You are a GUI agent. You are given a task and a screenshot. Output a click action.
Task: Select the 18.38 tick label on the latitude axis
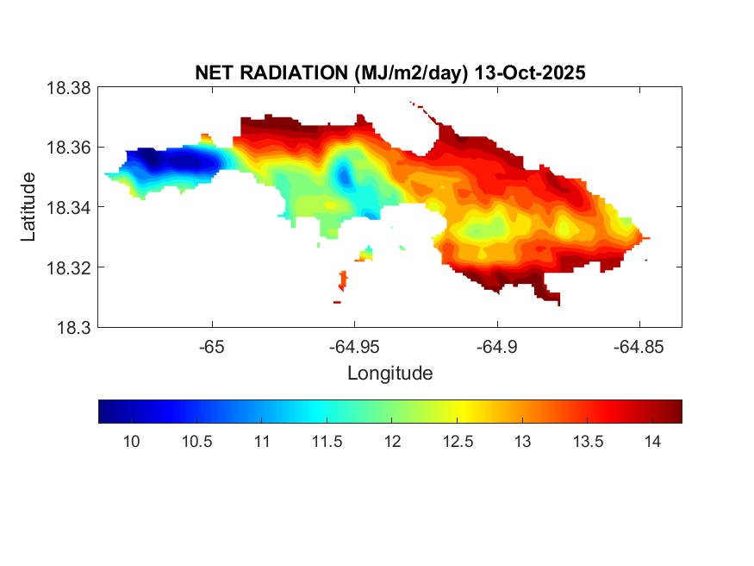(68, 87)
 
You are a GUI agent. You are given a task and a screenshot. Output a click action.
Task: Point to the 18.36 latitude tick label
(68, 148)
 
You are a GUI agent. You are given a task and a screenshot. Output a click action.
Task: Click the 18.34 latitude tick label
(68, 207)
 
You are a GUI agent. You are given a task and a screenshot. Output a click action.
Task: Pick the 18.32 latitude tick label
(68, 267)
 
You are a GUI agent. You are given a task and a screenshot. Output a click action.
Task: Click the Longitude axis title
(389, 374)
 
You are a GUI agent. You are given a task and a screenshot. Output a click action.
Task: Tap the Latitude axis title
(29, 207)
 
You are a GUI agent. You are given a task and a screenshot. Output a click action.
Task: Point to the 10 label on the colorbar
(131, 442)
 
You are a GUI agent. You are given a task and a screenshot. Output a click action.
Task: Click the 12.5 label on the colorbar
(458, 442)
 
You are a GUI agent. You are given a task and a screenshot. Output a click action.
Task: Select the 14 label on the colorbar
(652, 442)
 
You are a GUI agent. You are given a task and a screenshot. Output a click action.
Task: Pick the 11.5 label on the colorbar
(327, 442)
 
